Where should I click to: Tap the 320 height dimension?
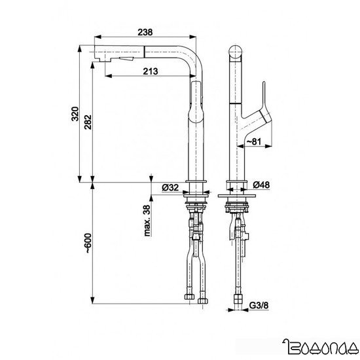click(75, 116)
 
